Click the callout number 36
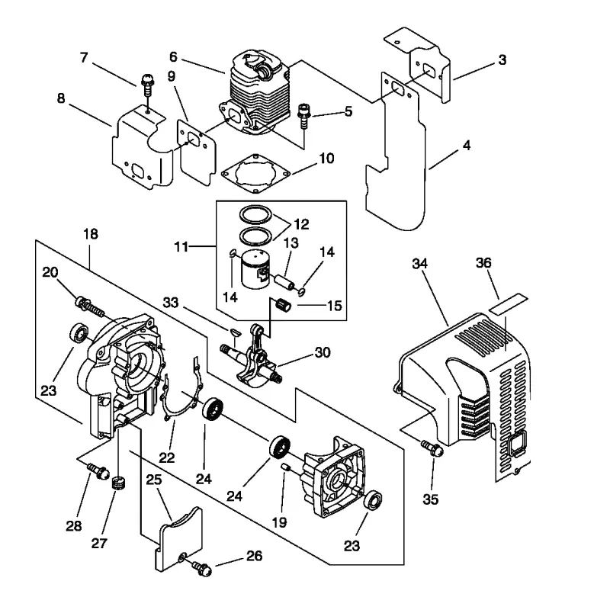[x=483, y=263]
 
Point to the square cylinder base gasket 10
[x=255, y=172]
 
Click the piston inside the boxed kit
[x=255, y=268]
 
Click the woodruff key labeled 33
[x=234, y=332]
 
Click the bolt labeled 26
[x=202, y=569]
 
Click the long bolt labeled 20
[x=91, y=306]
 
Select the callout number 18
[x=91, y=234]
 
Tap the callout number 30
[x=323, y=352]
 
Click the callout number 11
[x=181, y=246]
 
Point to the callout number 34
[x=420, y=264]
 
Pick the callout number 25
[x=154, y=480]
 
